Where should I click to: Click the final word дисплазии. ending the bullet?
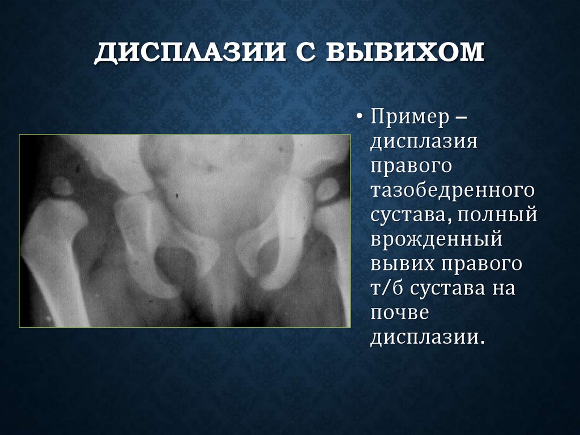pos(428,337)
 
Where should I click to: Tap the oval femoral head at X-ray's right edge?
pos(327,191)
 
